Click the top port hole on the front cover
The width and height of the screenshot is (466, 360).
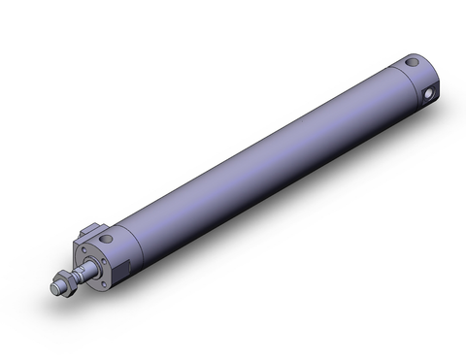108,238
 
